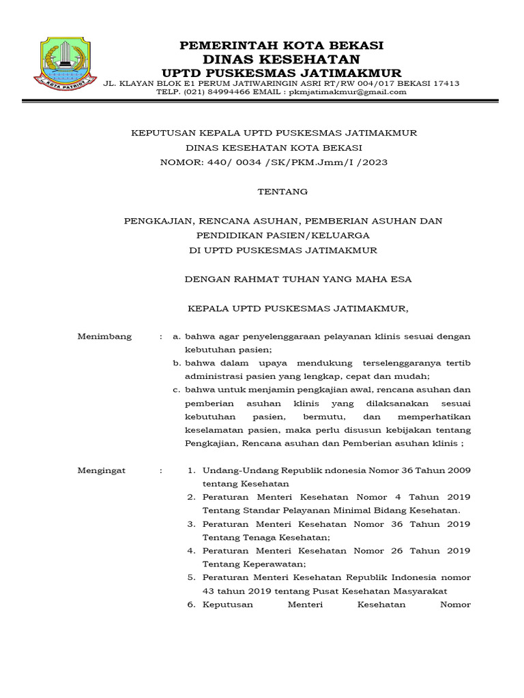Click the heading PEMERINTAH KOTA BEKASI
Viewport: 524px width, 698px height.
click(x=281, y=46)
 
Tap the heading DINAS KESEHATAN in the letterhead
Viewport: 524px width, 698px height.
click(x=281, y=59)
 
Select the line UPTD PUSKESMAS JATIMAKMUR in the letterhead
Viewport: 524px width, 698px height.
click(x=281, y=73)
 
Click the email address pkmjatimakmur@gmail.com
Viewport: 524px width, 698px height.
click(x=347, y=92)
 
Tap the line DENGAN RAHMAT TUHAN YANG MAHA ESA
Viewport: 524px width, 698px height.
click(x=299, y=279)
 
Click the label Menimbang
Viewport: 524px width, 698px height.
click(x=104, y=337)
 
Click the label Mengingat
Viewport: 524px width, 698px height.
click(x=102, y=470)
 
